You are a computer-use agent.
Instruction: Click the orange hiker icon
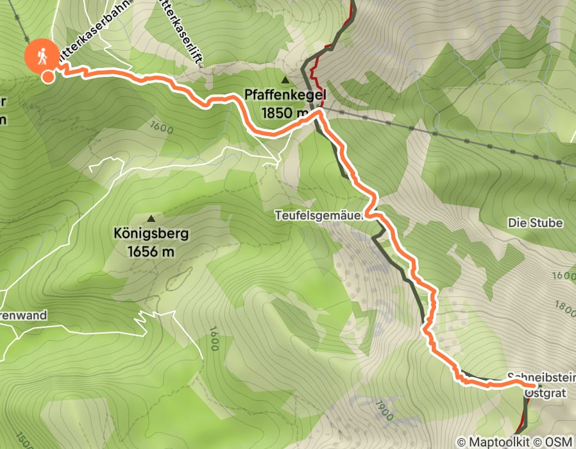tap(41, 56)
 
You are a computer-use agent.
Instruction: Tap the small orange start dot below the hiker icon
tap(48, 78)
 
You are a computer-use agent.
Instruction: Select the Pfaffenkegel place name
tap(285, 96)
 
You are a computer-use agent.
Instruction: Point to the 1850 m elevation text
tap(285, 112)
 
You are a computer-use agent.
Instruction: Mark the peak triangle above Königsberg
tap(151, 218)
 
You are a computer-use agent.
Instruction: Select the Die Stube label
tap(534, 223)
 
